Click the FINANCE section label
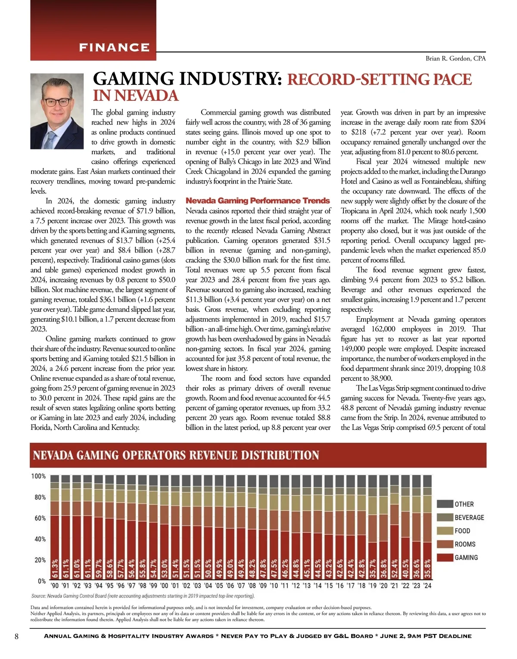point(114,47)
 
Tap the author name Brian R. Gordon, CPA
point(455,59)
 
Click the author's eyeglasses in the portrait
point(56,103)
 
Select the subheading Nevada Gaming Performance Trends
point(258,201)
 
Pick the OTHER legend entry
point(464,504)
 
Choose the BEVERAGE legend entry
point(469,517)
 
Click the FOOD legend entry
point(462,531)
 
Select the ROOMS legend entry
point(464,544)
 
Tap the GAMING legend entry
point(466,557)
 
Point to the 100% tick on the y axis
point(38,476)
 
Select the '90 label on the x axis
point(55,586)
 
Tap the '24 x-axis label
point(427,586)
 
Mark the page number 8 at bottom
point(16,636)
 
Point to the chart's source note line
point(143,596)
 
